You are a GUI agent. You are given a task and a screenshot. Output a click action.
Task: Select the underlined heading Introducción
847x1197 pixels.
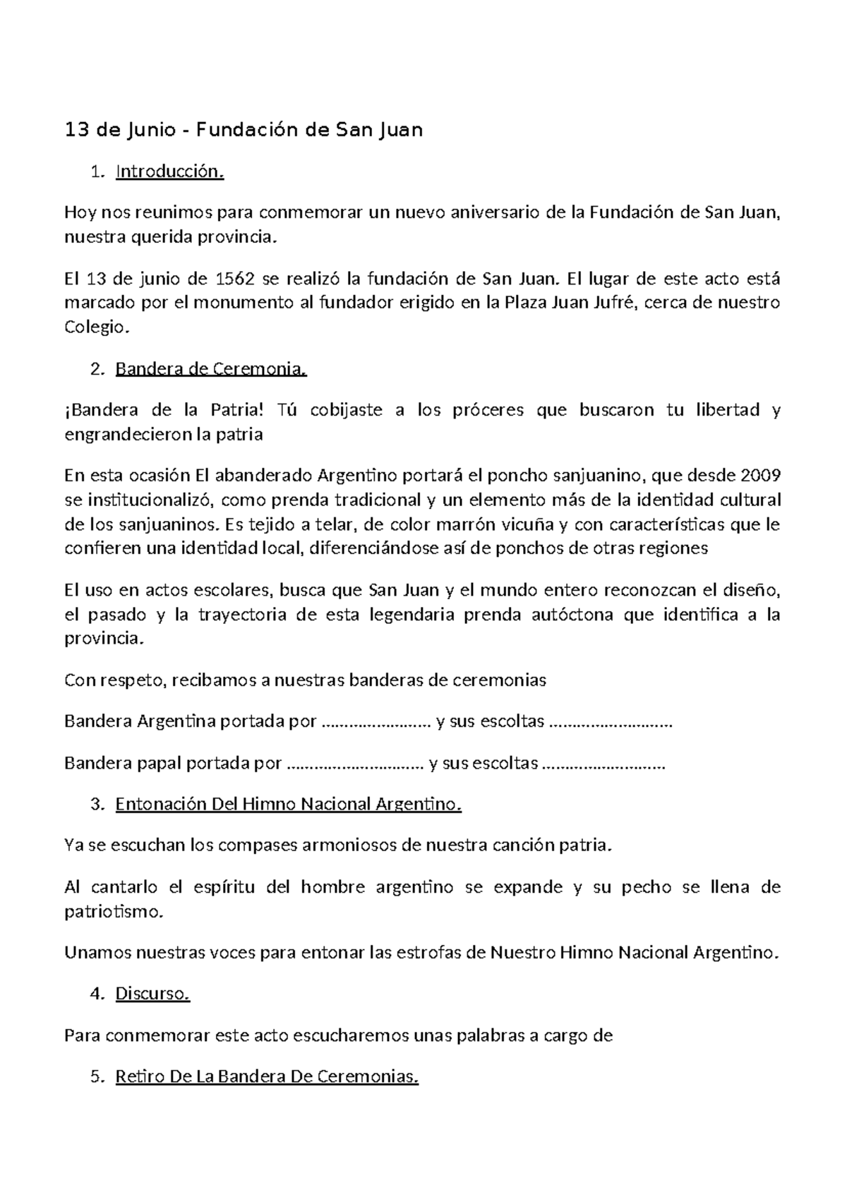(x=169, y=172)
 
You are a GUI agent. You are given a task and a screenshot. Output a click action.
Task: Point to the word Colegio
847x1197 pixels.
(x=97, y=327)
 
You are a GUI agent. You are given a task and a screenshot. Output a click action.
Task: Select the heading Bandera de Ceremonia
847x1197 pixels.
(x=211, y=369)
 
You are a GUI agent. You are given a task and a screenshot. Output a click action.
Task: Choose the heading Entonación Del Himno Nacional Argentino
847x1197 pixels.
(x=288, y=805)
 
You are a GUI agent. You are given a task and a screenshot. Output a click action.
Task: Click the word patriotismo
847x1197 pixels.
(x=113, y=912)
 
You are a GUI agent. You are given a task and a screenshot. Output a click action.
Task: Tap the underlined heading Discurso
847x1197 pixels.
(x=152, y=994)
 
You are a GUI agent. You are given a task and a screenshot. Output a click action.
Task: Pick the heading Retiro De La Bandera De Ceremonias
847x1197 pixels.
(x=266, y=1077)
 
